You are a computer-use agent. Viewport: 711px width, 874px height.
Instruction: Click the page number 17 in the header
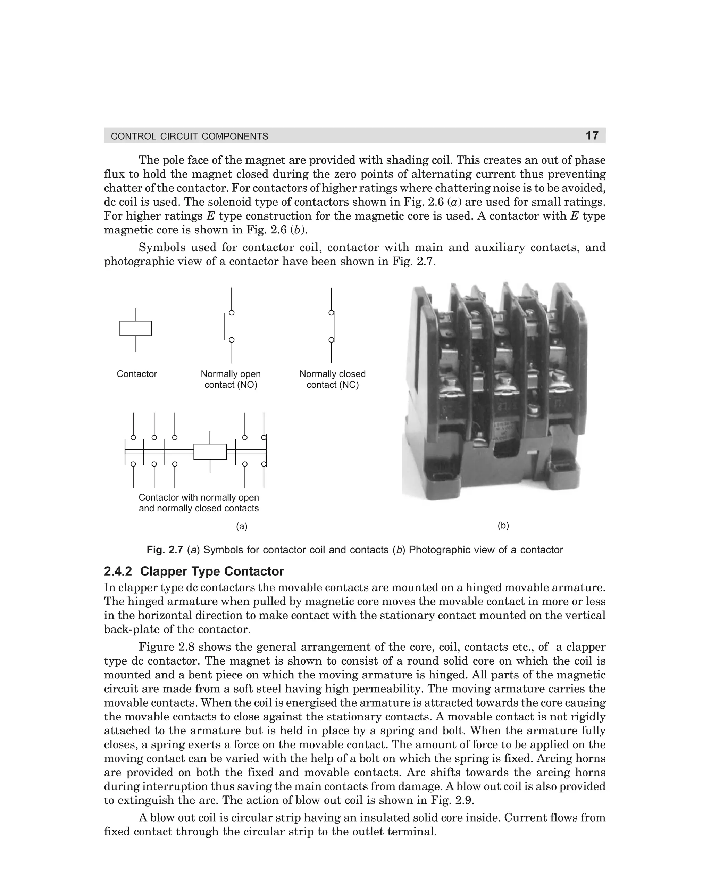click(x=592, y=135)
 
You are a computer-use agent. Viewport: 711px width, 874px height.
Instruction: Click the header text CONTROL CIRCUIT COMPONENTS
click(x=190, y=137)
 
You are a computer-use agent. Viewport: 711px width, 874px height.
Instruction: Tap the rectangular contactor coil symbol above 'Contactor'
click(x=135, y=328)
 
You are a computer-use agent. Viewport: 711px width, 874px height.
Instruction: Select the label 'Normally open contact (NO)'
click(x=231, y=379)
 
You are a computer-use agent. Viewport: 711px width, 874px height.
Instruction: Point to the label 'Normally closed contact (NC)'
click(x=332, y=379)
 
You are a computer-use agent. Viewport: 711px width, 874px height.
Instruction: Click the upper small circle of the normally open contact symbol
click(x=232, y=313)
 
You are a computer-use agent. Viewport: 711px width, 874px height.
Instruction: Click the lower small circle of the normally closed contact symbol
click(x=331, y=340)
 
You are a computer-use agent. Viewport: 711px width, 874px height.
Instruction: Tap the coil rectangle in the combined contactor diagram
click(x=210, y=452)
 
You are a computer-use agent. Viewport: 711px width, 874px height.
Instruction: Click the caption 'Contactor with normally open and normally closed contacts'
click(x=199, y=503)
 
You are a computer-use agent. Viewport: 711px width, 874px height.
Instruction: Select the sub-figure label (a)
click(x=242, y=527)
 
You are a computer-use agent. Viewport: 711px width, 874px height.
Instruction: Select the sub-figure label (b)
click(x=503, y=526)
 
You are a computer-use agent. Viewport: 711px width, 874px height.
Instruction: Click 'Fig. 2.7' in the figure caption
click(x=165, y=550)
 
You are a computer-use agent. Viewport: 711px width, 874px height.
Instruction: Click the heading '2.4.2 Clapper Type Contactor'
click(x=194, y=571)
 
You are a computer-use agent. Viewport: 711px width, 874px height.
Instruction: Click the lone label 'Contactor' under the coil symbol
click(x=137, y=374)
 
